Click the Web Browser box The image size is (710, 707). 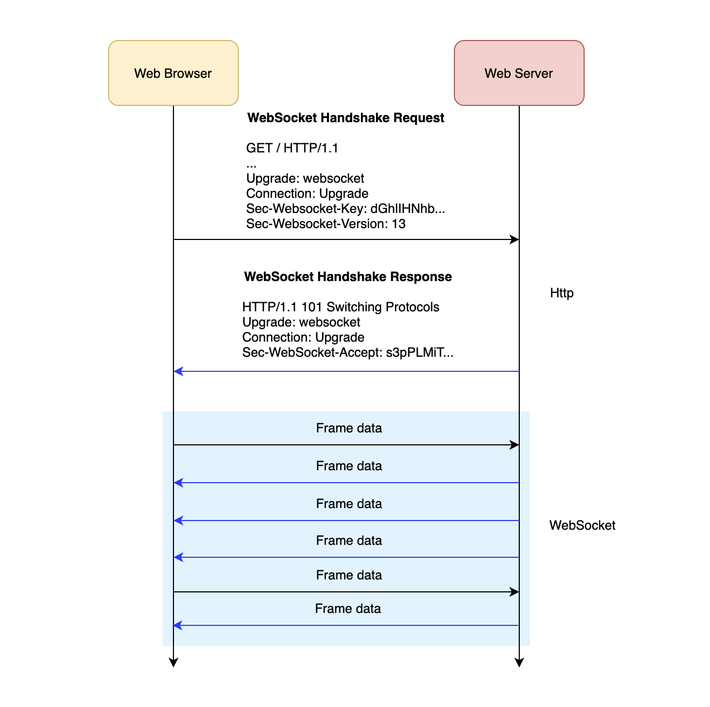coord(173,73)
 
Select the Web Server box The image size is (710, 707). coord(519,73)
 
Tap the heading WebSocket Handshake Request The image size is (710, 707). coord(346,118)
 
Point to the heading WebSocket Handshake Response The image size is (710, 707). coord(348,277)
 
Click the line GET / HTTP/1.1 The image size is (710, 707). coord(292,148)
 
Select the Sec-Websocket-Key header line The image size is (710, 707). coord(345,209)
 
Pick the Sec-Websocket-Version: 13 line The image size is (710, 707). coord(326,224)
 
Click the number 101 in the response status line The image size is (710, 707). coord(312,307)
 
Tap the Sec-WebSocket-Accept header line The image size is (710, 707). coord(347,352)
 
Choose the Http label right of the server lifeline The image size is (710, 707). coord(561,293)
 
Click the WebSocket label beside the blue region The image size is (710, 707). coord(582,525)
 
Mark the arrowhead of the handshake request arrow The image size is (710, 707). coord(514,239)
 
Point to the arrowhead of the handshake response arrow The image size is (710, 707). coord(179,371)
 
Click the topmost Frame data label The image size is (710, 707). coord(349,428)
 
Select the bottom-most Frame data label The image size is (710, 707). coord(347,609)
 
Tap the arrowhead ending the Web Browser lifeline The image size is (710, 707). coord(173,663)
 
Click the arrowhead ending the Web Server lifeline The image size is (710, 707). coord(519,663)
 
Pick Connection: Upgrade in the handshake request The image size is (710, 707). coord(307,194)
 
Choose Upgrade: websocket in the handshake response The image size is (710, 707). coord(301,322)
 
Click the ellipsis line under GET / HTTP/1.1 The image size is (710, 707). coord(251,164)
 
